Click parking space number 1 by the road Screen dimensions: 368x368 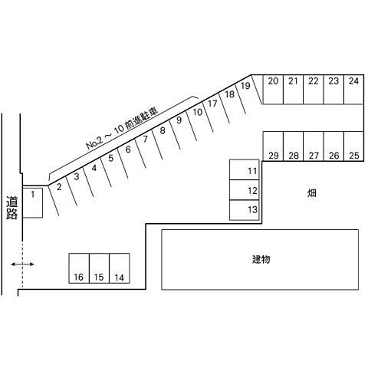(x=33, y=202)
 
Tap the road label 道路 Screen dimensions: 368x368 (x=12, y=208)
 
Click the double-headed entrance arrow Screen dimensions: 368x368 (x=22, y=264)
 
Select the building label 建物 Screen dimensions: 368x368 (x=261, y=259)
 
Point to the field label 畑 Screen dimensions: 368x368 (x=312, y=193)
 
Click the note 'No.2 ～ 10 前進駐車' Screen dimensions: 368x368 (x=122, y=128)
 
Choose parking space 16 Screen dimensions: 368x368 (x=79, y=268)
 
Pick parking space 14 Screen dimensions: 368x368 (x=120, y=268)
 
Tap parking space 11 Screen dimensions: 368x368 (x=245, y=170)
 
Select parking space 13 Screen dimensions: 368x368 (x=245, y=210)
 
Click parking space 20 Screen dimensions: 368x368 (x=273, y=90)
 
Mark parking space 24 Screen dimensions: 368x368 (x=353, y=90)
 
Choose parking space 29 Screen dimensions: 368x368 (x=273, y=146)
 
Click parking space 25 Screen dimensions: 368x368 (x=353, y=146)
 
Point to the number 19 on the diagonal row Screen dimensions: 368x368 (x=245, y=86)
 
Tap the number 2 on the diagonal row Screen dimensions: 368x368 (x=59, y=187)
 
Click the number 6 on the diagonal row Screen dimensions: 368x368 (x=128, y=149)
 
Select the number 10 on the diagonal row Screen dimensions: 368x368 (x=198, y=112)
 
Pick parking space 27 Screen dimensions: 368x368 (x=314, y=146)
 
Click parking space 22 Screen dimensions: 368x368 (x=314, y=90)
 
